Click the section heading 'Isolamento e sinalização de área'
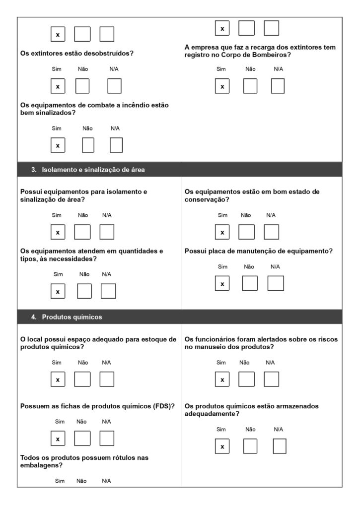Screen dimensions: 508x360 [x=93, y=170]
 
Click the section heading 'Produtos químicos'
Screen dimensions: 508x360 [x=72, y=317]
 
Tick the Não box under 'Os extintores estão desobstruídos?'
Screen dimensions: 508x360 [x=82, y=86]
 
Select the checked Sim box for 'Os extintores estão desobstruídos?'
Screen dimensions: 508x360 [x=58, y=86]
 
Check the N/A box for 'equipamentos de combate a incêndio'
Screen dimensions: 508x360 [x=116, y=145]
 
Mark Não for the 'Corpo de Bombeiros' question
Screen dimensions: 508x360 [x=250, y=86]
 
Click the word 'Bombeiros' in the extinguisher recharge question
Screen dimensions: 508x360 [x=269, y=55]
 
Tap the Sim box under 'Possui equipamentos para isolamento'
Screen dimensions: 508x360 [x=58, y=232]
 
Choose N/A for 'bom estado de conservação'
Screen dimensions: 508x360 [x=271, y=232]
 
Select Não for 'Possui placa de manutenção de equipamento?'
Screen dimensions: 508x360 [x=250, y=283]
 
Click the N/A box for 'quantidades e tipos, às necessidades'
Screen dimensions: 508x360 [x=108, y=291]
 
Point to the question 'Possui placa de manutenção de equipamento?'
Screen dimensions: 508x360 [x=258, y=252]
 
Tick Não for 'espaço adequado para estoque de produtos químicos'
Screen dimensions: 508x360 [x=82, y=380]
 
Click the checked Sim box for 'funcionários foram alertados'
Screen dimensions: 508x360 [x=222, y=380]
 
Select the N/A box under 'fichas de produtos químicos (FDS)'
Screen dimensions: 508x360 [x=107, y=439]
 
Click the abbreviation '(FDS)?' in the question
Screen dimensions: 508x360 [x=165, y=406]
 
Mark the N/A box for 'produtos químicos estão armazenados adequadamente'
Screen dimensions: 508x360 [x=280, y=446]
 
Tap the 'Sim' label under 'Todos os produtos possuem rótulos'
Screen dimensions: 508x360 [x=60, y=481]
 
